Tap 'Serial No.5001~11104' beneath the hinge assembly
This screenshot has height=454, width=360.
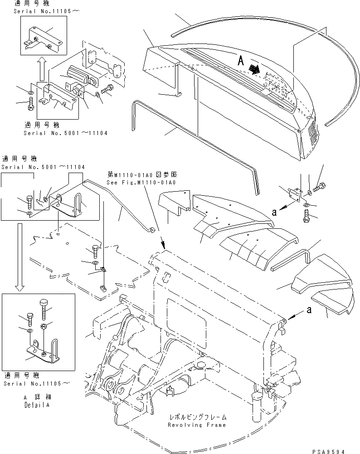point(66,133)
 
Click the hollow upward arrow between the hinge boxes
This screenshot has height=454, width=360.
point(40,70)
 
